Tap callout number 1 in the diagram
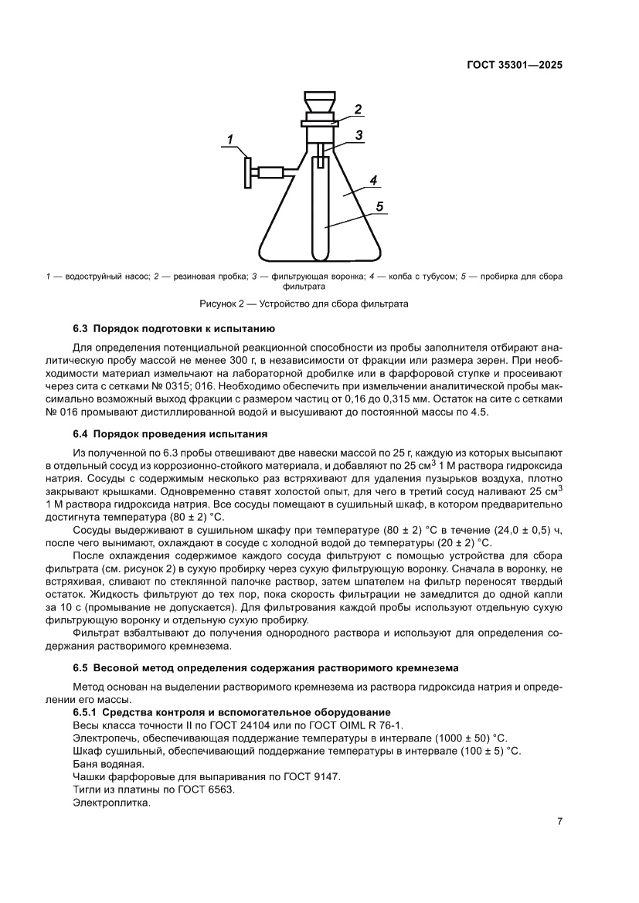(x=229, y=139)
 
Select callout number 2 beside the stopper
(x=358, y=109)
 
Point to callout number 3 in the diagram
(x=359, y=135)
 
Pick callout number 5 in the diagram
(x=380, y=206)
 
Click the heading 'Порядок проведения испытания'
(x=180, y=433)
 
